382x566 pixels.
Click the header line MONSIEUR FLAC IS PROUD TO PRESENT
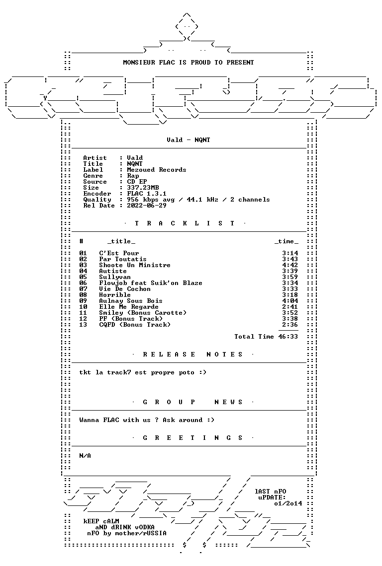(x=189, y=63)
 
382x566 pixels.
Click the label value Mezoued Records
(x=157, y=170)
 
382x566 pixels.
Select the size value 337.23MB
(x=143, y=188)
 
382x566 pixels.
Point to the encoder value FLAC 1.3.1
(x=147, y=194)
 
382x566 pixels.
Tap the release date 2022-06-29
(x=147, y=206)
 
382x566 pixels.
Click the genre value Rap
(x=133, y=176)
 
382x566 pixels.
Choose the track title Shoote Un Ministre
(x=135, y=265)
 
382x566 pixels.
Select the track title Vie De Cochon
(x=125, y=289)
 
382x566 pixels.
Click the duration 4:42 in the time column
(x=290, y=265)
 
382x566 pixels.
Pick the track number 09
(x=83, y=301)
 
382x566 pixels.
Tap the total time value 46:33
(x=288, y=337)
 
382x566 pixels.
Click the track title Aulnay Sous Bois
(x=131, y=301)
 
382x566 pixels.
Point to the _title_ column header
(x=121, y=241)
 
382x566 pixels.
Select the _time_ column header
(x=286, y=241)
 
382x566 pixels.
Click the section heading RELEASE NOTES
(x=193, y=354)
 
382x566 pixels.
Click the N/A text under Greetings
(x=85, y=456)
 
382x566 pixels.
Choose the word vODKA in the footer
(x=145, y=527)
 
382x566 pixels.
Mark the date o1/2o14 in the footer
(x=288, y=503)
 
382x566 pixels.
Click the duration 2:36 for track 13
(x=290, y=325)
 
